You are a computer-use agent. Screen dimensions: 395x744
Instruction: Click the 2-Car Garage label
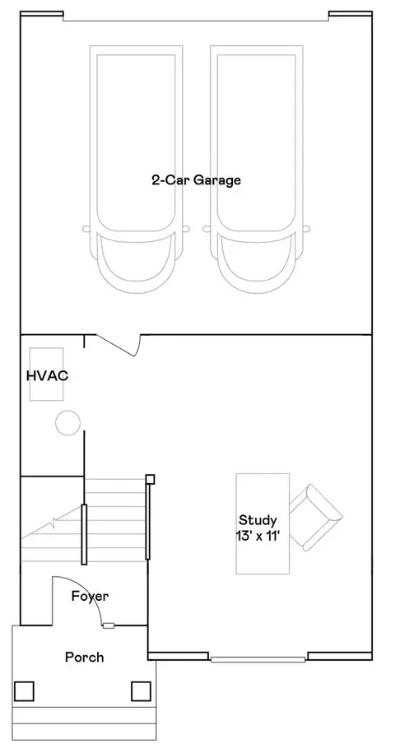(x=196, y=180)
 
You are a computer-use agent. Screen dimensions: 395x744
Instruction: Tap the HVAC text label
(x=47, y=376)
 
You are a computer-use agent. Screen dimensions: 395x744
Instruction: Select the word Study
(x=258, y=520)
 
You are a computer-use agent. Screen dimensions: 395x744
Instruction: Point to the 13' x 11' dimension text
(x=258, y=536)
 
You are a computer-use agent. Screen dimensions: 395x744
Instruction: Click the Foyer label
(x=90, y=597)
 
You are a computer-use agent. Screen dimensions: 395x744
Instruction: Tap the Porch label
(x=85, y=657)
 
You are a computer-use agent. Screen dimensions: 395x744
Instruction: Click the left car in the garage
(x=136, y=170)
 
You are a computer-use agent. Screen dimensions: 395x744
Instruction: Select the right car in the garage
(x=257, y=170)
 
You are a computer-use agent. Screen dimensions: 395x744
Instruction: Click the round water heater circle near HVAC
(x=67, y=422)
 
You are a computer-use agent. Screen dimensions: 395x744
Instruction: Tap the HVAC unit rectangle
(x=46, y=374)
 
